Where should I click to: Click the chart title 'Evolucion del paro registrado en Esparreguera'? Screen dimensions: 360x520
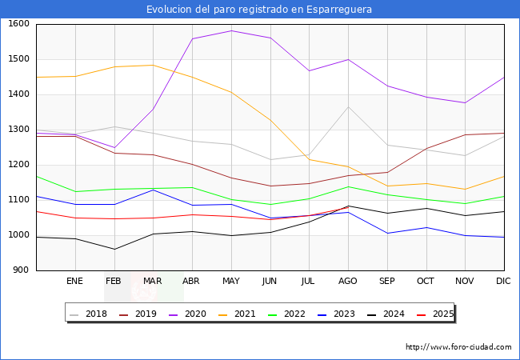[x=259, y=10]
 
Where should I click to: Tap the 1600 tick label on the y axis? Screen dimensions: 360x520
[x=18, y=24]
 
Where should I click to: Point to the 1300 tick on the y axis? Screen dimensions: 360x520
[x=18, y=130]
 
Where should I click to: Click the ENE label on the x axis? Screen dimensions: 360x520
[x=74, y=281]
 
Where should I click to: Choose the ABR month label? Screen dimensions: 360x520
[x=191, y=281]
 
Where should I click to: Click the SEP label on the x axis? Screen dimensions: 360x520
[x=386, y=281]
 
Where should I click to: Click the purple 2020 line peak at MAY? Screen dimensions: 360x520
[x=231, y=30]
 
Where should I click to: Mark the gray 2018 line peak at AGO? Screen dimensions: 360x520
[x=348, y=106]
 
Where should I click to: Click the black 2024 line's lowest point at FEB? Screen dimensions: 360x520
[x=114, y=249]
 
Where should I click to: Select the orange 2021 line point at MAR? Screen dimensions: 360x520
[x=153, y=65]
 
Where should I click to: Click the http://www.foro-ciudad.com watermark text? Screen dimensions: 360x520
[x=458, y=347]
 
